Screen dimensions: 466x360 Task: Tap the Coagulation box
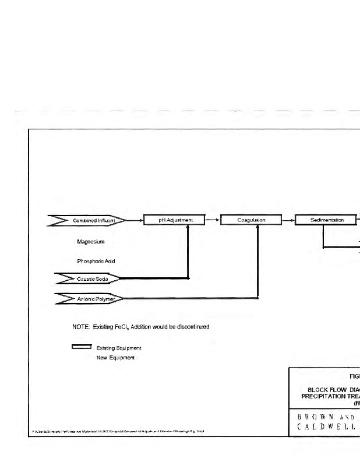tap(252, 220)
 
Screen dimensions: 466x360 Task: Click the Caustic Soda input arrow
tap(87, 279)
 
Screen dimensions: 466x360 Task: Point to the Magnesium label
tap(91, 241)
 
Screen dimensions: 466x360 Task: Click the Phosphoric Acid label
tap(96, 261)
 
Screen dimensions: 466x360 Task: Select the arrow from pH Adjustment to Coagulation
tap(213, 220)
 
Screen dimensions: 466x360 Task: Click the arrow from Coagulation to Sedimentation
tap(288, 220)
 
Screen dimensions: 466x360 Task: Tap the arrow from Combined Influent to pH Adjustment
tap(135, 220)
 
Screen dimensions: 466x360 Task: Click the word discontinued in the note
tap(191, 327)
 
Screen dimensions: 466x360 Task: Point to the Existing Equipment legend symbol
tap(82, 347)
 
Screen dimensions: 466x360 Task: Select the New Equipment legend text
tap(115, 357)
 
